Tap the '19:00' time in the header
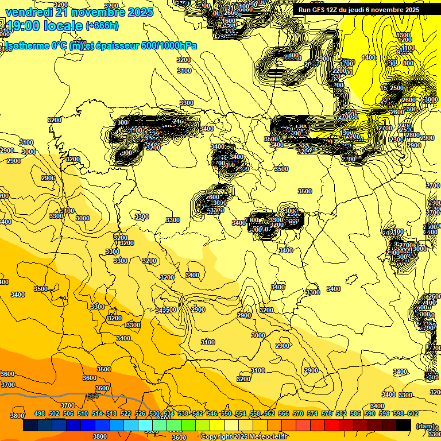point(22,25)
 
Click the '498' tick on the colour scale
point(40,413)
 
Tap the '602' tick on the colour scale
point(412,413)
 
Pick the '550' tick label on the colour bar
point(226,413)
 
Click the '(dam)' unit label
point(425,425)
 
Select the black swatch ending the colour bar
point(404,425)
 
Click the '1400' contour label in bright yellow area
point(369,57)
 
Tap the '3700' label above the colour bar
point(68,405)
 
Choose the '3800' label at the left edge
point(17,416)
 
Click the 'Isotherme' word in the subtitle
point(25,45)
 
